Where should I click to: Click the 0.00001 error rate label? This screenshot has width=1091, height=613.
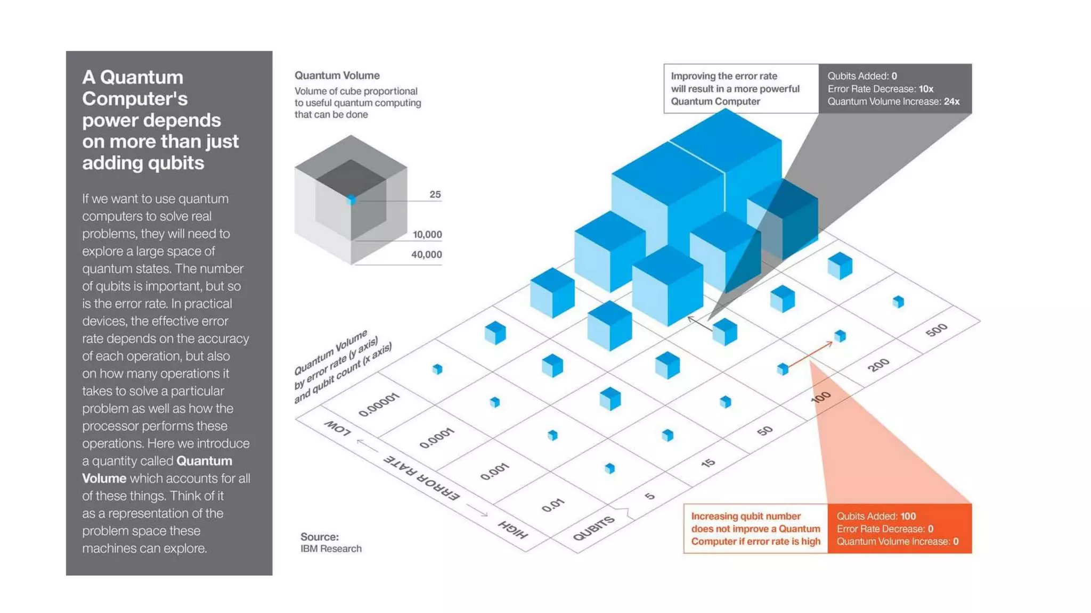pyautogui.click(x=379, y=405)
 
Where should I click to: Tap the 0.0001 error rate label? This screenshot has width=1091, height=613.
pyautogui.click(x=436, y=438)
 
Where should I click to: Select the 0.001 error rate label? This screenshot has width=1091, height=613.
pyautogui.click(x=494, y=471)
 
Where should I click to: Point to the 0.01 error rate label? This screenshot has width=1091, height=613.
pyautogui.click(x=552, y=504)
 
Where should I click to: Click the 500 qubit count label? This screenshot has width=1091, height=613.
pyautogui.click(x=936, y=330)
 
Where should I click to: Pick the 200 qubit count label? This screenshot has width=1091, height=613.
pyautogui.click(x=878, y=365)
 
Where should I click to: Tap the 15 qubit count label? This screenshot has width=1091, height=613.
pyautogui.click(x=708, y=463)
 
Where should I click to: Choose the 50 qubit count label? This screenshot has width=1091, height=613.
pyautogui.click(x=764, y=430)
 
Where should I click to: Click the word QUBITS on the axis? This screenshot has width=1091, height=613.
pyautogui.click(x=593, y=528)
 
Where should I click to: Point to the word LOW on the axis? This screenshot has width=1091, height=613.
pyautogui.click(x=338, y=427)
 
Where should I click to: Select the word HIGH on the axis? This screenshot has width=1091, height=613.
pyautogui.click(x=512, y=529)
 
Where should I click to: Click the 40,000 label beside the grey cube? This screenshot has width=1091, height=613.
pyautogui.click(x=426, y=254)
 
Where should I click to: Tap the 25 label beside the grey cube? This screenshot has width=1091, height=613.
pyautogui.click(x=435, y=194)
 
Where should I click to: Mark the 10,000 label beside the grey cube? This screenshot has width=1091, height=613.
pyautogui.click(x=427, y=234)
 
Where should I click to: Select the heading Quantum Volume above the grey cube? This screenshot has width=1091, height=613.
pyautogui.click(x=337, y=76)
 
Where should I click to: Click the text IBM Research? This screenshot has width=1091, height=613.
pyautogui.click(x=331, y=549)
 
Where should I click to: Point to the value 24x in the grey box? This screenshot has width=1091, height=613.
pyautogui.click(x=951, y=102)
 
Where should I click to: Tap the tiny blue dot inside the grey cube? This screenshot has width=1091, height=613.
pyautogui.click(x=351, y=200)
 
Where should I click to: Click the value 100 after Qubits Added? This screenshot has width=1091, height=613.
pyautogui.click(x=908, y=516)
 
